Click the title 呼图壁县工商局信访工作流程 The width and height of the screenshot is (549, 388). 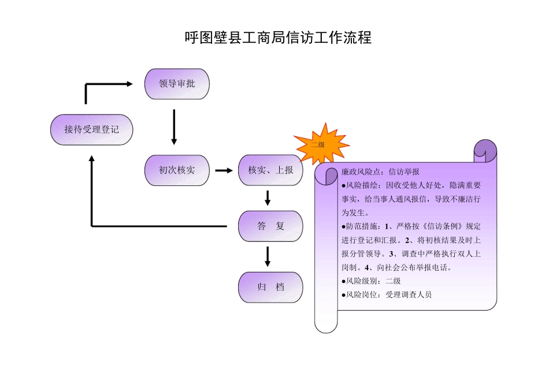tap(277, 38)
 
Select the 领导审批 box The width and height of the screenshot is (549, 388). tap(177, 84)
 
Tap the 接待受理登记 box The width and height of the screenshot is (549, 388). tap(91, 129)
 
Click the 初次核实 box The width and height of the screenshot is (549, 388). tap(177, 170)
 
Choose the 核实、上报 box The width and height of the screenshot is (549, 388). tap(270, 170)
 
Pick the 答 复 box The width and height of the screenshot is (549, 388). tap(270, 226)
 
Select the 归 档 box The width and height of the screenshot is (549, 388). tap(270, 287)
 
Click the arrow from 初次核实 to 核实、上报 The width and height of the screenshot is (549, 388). tap(224, 170)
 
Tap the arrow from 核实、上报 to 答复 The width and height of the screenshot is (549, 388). tap(268, 197)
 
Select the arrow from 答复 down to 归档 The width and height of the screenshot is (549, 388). tap(268, 256)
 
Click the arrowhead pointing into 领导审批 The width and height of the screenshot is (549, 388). tap(129, 84)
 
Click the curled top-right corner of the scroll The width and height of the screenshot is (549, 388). tap(485, 151)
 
